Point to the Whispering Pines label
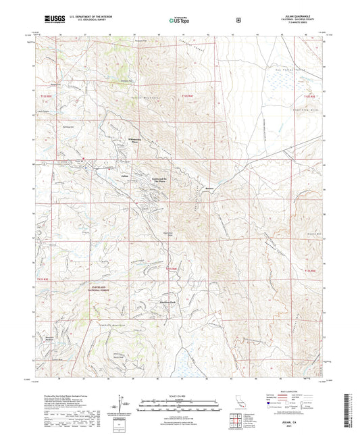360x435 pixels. pyautogui.click(x=137, y=140)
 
